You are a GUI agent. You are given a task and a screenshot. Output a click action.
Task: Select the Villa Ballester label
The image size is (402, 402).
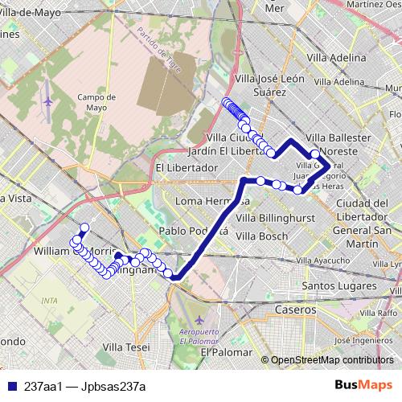[x=338, y=137]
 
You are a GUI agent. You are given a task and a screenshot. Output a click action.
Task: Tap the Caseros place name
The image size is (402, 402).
[x=294, y=310]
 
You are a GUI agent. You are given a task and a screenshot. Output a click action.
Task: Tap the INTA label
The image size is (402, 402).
[x=51, y=301]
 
